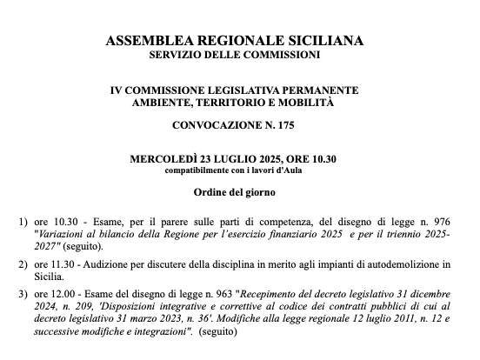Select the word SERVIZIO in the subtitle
(x=177, y=55)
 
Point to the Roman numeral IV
(x=117, y=90)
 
